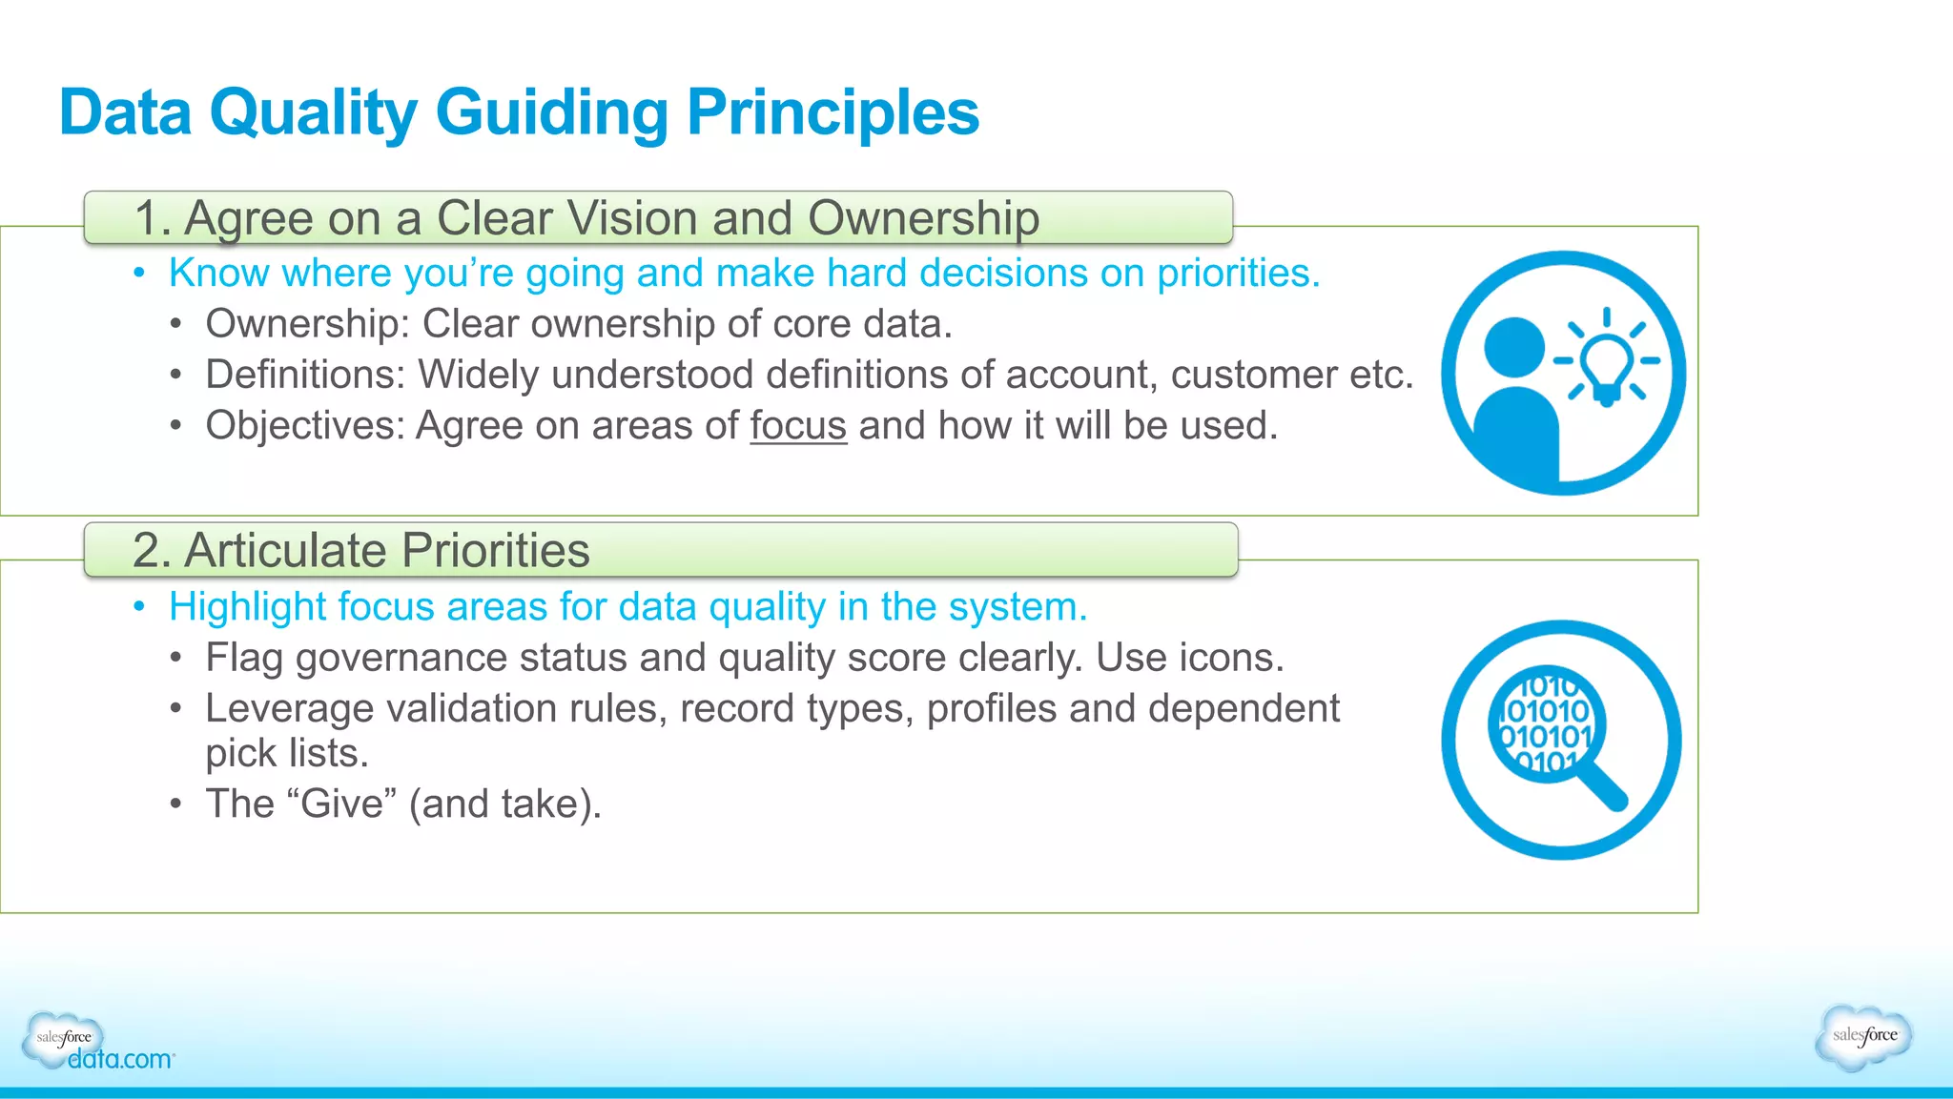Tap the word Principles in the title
833,112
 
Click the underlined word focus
798,426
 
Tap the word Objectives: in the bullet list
305,426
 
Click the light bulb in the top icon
1607,364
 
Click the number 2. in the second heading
151,551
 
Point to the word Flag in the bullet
243,659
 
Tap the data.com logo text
120,1060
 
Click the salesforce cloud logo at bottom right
1864,1036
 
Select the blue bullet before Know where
140,274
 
